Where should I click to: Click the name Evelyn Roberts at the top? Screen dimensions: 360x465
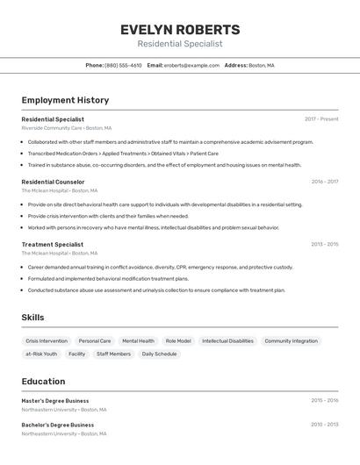tap(180, 29)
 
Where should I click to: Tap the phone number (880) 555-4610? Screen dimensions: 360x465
tap(123, 65)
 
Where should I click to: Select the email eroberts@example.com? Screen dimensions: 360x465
tap(191, 65)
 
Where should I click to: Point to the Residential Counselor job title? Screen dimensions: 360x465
tap(54, 182)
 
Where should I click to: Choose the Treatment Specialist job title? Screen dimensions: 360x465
tap(53, 244)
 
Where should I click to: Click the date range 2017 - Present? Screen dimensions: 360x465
tap(321, 119)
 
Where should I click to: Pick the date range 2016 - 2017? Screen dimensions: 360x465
tap(324, 182)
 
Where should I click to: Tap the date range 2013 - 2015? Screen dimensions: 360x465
tap(324, 244)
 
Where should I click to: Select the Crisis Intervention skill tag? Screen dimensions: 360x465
tap(47, 340)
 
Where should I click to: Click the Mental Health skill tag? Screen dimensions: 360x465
tap(138, 340)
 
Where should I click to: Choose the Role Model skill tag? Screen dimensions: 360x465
tap(178, 340)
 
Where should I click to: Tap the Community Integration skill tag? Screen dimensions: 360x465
tap(292, 340)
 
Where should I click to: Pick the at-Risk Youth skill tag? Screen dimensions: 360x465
tap(41, 354)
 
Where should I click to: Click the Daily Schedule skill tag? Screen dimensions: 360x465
tap(159, 354)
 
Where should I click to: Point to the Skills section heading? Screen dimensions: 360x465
tap(32, 318)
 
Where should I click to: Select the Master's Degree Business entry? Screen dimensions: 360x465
tap(55, 400)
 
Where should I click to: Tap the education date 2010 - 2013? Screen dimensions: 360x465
tap(324, 425)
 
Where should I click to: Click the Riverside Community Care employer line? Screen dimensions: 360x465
tap(66, 128)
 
